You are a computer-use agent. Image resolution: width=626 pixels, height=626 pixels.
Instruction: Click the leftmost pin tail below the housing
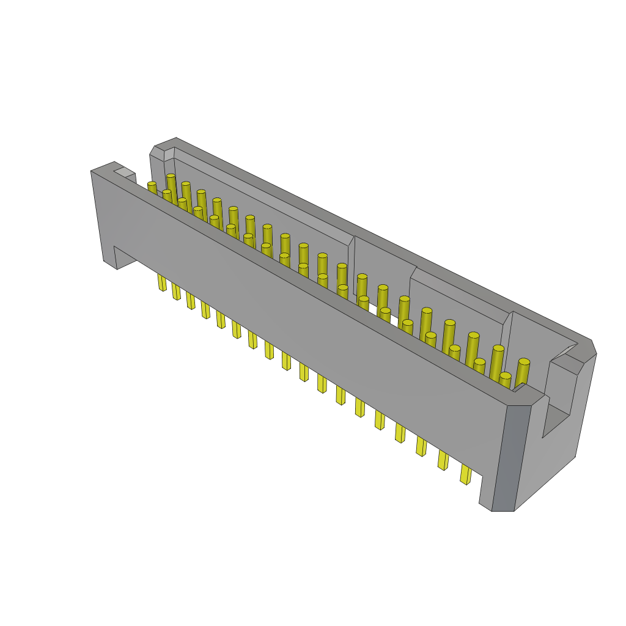click(162, 282)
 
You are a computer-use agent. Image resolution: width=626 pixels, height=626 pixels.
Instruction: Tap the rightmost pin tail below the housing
click(465, 474)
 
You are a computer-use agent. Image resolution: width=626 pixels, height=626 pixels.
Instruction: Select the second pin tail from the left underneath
click(176, 292)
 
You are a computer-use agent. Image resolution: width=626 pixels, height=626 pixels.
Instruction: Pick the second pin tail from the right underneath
click(443, 460)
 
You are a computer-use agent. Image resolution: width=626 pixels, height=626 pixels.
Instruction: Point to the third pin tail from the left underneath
click(191, 300)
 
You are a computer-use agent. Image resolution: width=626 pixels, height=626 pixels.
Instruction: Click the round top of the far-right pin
click(524, 362)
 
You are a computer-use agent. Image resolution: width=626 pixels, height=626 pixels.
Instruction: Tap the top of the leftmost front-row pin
click(152, 184)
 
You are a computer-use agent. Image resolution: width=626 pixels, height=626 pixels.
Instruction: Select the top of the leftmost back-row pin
click(171, 176)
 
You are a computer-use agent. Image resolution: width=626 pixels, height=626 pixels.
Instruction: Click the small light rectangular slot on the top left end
click(124, 172)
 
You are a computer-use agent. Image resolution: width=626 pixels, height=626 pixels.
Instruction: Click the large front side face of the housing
click(293, 318)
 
